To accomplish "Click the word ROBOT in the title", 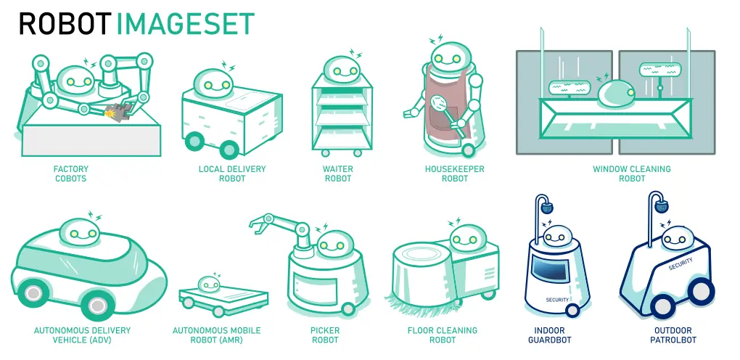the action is [65, 23].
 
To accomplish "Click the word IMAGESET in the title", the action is [186, 23].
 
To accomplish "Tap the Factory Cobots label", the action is [71, 173].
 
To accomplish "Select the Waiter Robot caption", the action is [338, 173].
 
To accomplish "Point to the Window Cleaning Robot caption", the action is [632, 173].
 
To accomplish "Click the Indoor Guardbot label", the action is [549, 335].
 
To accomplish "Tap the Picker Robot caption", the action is [325, 335].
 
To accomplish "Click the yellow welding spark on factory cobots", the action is [112, 113].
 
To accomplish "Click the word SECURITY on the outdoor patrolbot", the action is [681, 263].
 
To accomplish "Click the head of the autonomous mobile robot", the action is [209, 284].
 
